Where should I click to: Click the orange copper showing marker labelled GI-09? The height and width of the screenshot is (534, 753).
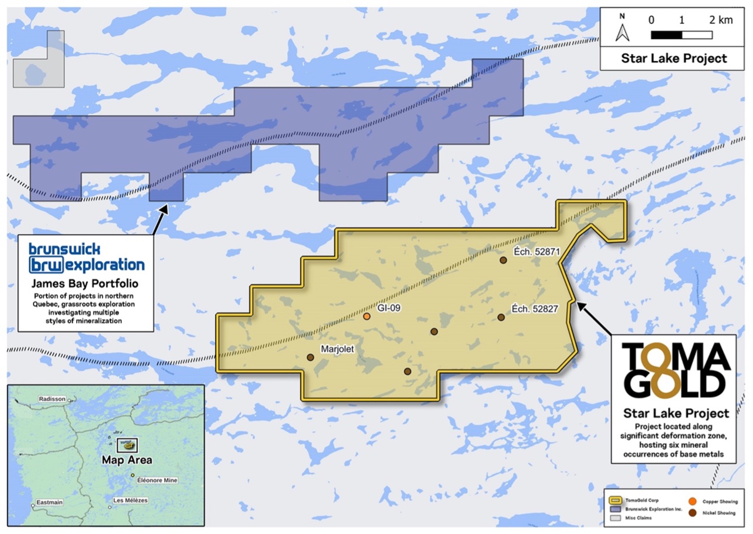coord(367,316)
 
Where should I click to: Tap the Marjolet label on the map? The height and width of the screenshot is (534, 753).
coord(337,349)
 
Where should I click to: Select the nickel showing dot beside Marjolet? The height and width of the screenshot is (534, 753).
coord(310,357)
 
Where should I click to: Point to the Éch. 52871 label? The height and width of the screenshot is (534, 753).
coord(536,252)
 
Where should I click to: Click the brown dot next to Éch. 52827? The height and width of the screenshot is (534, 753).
coord(501,317)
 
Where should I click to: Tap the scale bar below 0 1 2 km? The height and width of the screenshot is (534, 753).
coord(681,35)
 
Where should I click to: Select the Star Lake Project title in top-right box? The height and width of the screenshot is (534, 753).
coord(674,58)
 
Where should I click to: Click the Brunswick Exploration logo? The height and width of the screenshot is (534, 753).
coord(86,258)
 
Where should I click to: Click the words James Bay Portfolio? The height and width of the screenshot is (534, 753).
coord(85,284)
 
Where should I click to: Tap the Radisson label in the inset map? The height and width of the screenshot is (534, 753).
coord(52,399)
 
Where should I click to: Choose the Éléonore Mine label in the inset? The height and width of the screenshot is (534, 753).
coord(157,480)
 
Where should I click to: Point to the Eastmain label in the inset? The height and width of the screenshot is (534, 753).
coord(49,502)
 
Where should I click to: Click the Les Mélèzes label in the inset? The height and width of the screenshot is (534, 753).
coord(131,500)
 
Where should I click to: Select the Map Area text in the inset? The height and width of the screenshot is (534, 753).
coord(127,460)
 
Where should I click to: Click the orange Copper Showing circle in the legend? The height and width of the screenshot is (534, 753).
coord(692,501)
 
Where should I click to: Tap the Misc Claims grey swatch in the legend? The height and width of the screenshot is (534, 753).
coord(615,518)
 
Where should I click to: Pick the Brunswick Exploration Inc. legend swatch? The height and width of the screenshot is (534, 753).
coord(615,509)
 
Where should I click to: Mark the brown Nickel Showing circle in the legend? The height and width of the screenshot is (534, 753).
coord(692,513)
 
